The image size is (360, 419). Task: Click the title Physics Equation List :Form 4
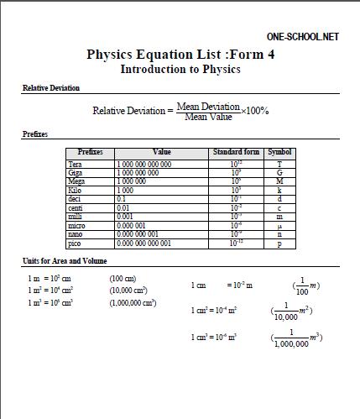180,55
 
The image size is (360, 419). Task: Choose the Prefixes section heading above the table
34,134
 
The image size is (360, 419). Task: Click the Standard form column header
236,152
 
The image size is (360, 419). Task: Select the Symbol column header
279,152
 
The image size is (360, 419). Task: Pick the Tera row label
76,165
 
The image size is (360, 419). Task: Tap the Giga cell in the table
76,172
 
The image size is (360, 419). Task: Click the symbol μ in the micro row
279,226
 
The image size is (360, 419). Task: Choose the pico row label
76,243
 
